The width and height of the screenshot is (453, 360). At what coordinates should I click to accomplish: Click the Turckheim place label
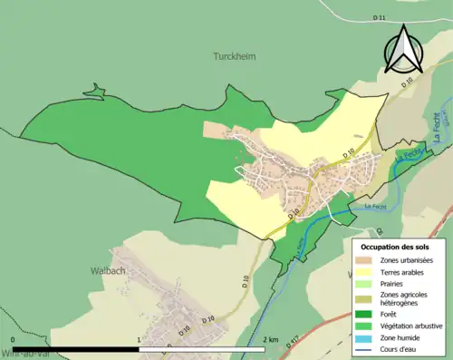pyautogui.click(x=234, y=56)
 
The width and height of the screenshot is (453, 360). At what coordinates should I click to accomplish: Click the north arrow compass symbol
pyautogui.click(x=403, y=49)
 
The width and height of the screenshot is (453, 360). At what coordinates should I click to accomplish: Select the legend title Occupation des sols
pyautogui.click(x=394, y=246)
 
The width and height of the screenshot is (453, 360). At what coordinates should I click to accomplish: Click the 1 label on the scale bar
pyautogui.click(x=139, y=339)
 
